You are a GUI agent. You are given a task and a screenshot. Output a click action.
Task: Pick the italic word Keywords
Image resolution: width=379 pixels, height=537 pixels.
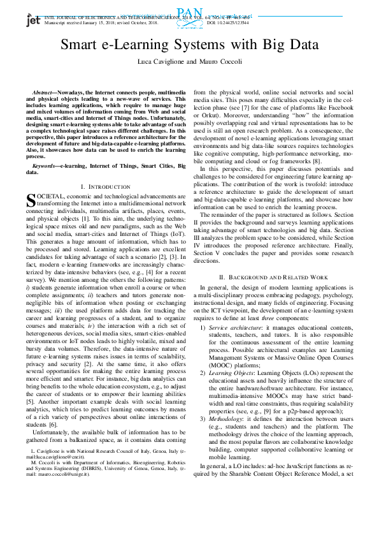[x=45, y=165]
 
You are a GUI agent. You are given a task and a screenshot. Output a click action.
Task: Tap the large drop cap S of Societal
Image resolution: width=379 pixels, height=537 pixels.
[x=32, y=200]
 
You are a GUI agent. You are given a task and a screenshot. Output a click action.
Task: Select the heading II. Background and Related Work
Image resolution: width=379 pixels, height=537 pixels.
[x=273, y=277]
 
